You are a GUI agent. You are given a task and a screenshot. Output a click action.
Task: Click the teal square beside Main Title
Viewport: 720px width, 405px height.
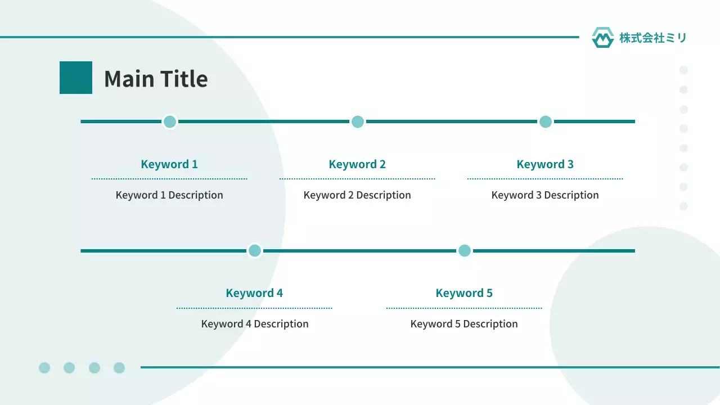tap(76, 78)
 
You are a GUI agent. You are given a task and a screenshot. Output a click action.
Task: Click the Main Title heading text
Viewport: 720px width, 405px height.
tap(156, 79)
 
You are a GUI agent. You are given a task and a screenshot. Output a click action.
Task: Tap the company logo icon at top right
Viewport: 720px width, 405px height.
tap(602, 38)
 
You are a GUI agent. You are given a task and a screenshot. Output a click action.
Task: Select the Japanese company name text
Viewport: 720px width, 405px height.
tap(653, 38)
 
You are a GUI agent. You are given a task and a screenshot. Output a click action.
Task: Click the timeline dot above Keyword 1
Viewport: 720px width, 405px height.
tap(170, 122)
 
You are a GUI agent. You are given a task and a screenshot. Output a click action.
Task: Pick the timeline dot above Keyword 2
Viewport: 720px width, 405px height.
tap(357, 122)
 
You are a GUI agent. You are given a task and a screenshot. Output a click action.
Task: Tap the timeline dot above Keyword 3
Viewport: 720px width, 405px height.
tap(546, 122)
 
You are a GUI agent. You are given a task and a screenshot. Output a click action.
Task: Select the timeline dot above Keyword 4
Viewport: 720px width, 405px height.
tap(255, 251)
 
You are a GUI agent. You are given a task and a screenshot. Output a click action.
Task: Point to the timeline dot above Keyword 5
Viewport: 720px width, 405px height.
tap(465, 251)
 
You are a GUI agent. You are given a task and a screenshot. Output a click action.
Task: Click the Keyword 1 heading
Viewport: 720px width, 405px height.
tap(169, 164)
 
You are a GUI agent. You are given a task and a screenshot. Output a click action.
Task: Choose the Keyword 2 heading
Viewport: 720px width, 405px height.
tap(357, 164)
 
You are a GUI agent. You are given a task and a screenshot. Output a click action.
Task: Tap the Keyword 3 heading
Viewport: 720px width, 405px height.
tap(545, 164)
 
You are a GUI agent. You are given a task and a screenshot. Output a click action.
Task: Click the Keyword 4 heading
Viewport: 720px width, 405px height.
tap(254, 293)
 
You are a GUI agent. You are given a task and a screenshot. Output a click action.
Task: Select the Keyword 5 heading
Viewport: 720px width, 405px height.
tap(464, 293)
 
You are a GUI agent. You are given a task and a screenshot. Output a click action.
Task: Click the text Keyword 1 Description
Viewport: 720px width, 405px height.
tap(169, 195)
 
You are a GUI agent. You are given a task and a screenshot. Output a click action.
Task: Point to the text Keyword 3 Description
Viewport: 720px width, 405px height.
tap(545, 195)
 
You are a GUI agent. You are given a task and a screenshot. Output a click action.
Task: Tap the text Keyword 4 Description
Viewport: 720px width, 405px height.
tap(255, 324)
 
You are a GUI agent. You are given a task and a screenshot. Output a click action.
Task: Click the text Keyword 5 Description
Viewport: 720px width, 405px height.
tap(464, 324)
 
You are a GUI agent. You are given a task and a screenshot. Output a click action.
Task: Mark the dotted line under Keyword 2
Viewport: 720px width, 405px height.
tap(357, 179)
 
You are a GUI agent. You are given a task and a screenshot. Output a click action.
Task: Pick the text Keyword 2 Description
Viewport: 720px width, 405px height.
tap(357, 195)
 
